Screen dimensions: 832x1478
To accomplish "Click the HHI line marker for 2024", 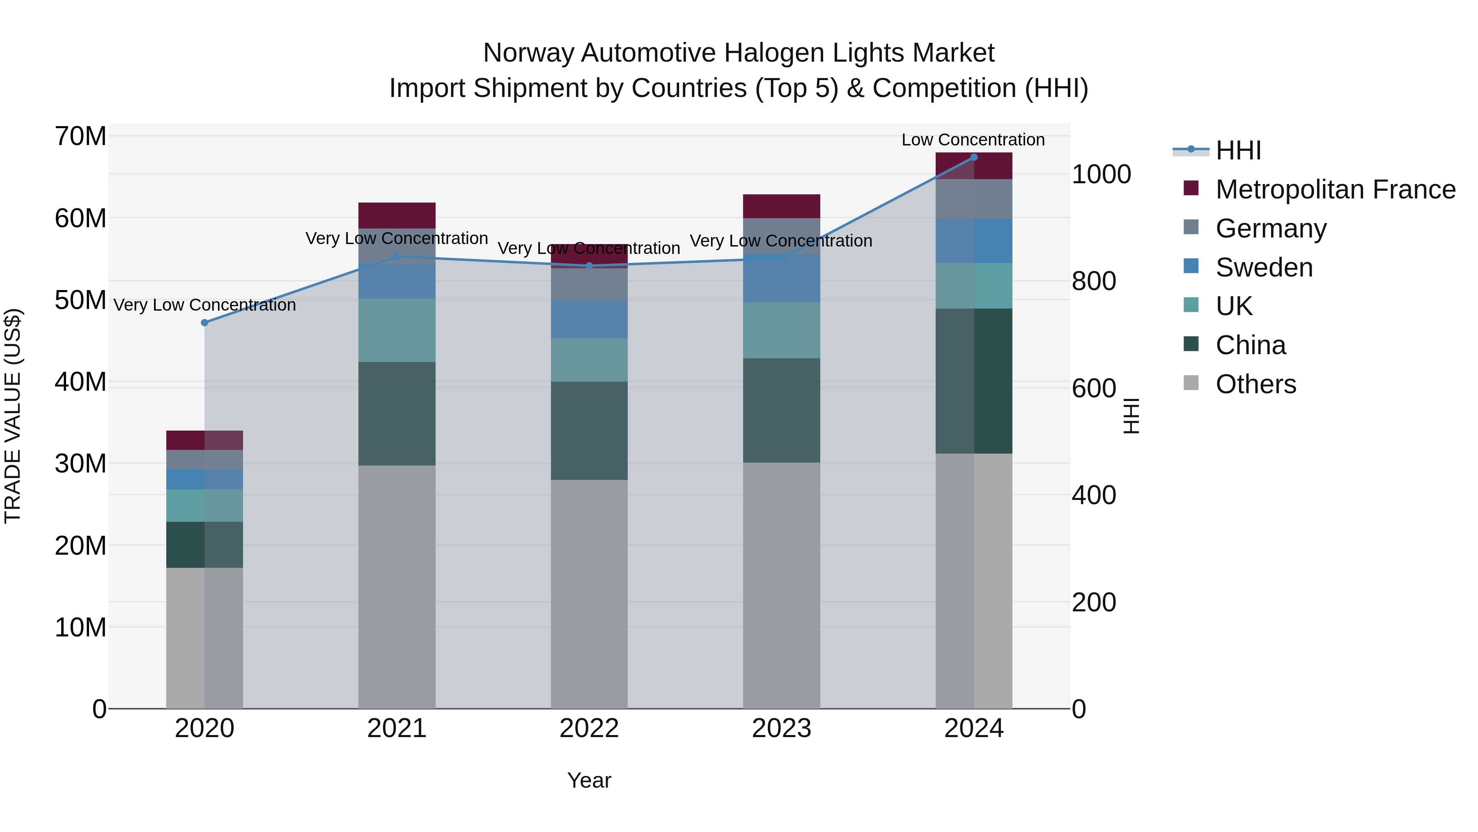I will click(x=974, y=157).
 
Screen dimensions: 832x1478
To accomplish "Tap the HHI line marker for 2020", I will click(x=205, y=323).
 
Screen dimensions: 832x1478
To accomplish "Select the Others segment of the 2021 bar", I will click(x=397, y=585).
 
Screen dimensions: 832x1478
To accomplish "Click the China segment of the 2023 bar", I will click(x=781, y=410).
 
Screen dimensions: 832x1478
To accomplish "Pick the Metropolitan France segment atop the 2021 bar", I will click(x=397, y=215).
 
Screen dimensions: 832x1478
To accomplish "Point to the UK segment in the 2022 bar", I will click(x=589, y=360).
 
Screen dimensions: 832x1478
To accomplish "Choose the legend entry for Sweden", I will click(x=1264, y=267).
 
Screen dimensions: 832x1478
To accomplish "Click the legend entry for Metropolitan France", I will click(x=1335, y=189).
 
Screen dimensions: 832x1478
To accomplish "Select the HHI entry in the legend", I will click(x=1238, y=150).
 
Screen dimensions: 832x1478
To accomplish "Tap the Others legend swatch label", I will click(x=1255, y=384).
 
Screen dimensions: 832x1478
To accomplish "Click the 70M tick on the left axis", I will click(x=80, y=137).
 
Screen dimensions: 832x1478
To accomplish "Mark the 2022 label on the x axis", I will click(x=589, y=728).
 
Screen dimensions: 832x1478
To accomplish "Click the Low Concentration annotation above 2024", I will click(x=973, y=140).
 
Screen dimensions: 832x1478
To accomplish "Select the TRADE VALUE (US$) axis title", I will click(x=13, y=416).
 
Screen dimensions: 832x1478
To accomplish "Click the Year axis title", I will click(x=589, y=780).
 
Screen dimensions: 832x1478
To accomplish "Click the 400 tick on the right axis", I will click(x=1094, y=495).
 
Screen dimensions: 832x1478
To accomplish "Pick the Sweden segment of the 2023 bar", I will click(x=781, y=279).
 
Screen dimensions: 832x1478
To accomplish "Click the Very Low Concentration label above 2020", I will click(x=205, y=305).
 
